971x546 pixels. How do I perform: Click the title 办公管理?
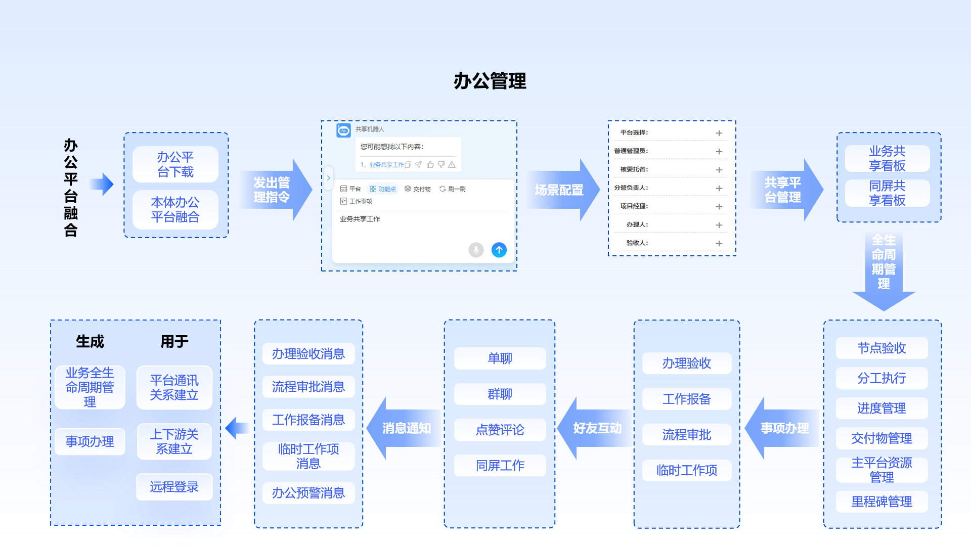490,81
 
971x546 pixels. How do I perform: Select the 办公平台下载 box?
175,164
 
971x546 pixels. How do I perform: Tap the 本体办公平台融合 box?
175,209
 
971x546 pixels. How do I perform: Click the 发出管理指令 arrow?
276,190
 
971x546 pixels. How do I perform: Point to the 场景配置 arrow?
561,190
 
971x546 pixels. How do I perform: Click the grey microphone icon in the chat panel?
476,250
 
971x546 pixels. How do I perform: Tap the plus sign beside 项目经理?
719,206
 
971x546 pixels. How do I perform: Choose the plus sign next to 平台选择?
719,133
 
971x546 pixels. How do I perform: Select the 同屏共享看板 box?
887,193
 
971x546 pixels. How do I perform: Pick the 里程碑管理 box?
881,502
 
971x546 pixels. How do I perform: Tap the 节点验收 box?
881,348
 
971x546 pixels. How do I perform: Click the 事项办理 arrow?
781,428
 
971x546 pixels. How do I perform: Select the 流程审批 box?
686,434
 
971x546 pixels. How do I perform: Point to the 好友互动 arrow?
594,428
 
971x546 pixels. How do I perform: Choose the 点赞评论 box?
500,430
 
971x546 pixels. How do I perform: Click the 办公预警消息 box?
308,493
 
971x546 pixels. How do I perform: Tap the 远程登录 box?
174,487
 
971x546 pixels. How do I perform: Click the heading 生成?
90,342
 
